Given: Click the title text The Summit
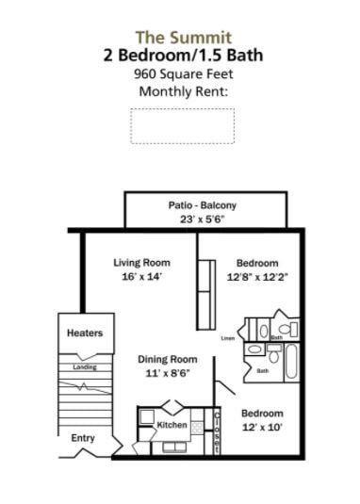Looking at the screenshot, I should [x=183, y=38].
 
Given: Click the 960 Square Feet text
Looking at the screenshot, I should [x=183, y=73].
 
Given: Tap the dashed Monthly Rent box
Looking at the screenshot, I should [x=182, y=125].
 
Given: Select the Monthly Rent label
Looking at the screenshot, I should [x=183, y=91].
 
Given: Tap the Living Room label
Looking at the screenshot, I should [x=140, y=262].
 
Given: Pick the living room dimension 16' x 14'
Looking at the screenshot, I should [x=140, y=277].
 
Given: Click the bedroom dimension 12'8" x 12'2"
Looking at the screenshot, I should [x=257, y=277].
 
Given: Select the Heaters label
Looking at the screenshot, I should [x=84, y=333].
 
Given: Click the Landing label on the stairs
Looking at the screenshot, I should [x=85, y=366].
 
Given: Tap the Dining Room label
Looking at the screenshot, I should [x=167, y=359].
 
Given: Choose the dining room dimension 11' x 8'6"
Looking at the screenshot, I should [x=167, y=373].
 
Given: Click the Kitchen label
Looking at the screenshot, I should [x=172, y=425].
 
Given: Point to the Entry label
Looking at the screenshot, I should [x=83, y=438].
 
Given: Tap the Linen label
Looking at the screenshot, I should [x=227, y=337].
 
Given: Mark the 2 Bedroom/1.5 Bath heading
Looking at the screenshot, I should [x=183, y=56].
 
